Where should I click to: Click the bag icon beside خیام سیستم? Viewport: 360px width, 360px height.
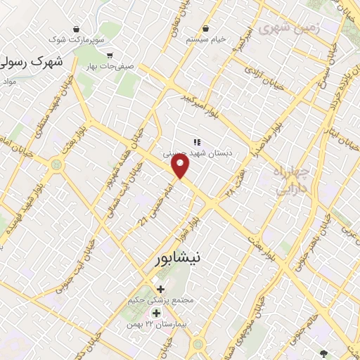click(205, 29)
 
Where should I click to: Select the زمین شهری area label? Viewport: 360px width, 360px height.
click(289, 27)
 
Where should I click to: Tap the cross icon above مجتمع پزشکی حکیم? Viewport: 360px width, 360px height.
click(161, 289)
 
